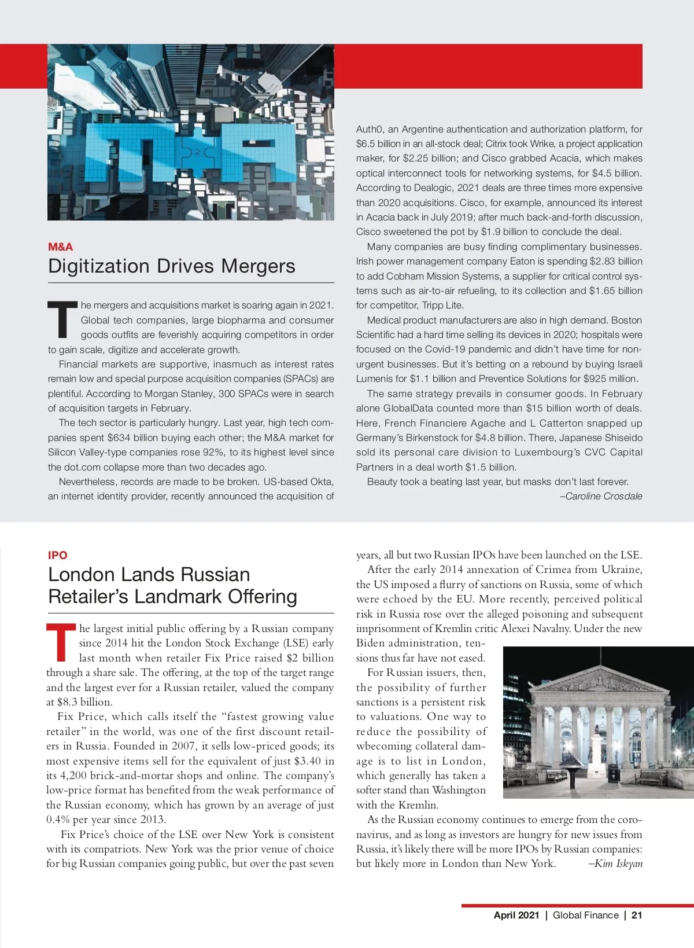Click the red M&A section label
(x=60, y=247)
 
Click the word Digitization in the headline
(x=99, y=266)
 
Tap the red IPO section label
(x=58, y=555)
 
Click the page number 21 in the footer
(x=637, y=915)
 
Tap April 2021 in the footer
(x=516, y=915)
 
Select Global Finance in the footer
(x=585, y=915)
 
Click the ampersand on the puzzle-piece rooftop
(x=198, y=152)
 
